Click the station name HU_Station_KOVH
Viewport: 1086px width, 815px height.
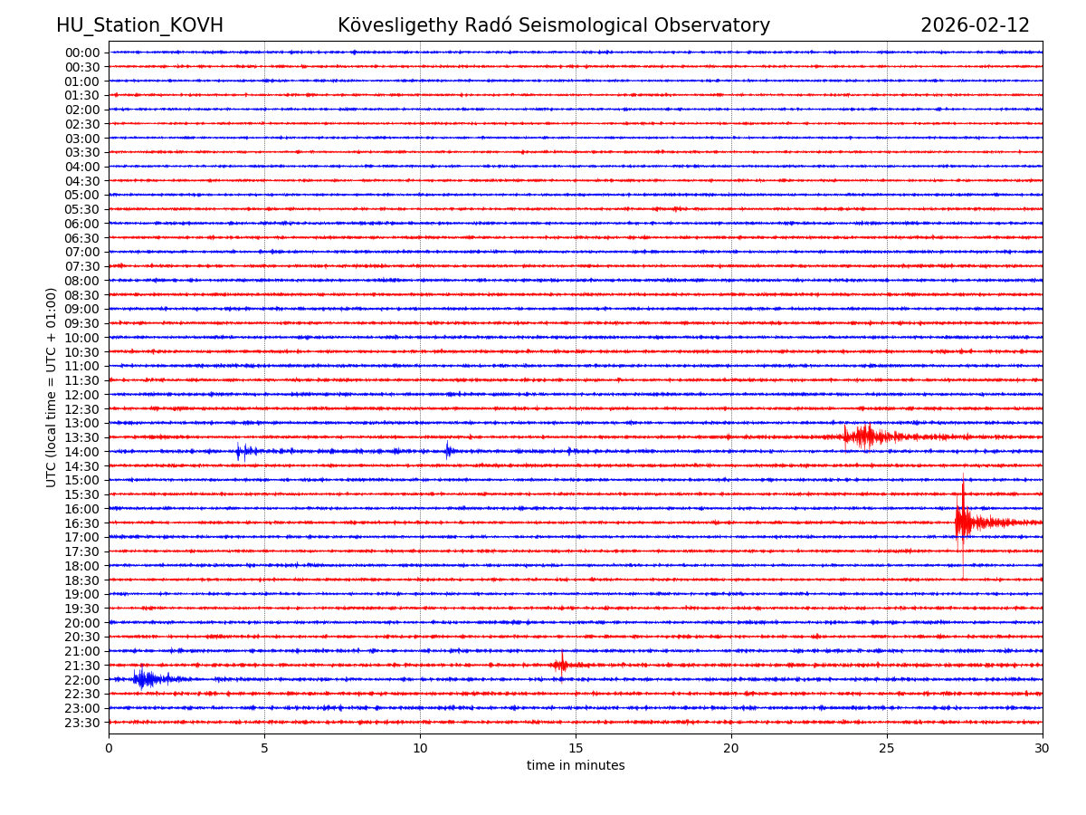click(139, 25)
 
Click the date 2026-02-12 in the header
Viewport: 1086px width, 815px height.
click(975, 25)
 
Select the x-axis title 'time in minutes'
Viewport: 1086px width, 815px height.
click(576, 765)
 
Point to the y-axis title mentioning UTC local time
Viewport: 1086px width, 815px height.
click(52, 387)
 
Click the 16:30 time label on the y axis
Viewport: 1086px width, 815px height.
click(82, 523)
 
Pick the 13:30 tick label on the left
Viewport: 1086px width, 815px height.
click(82, 437)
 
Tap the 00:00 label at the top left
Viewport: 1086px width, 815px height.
click(82, 53)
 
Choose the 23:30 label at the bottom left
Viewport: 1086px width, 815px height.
click(82, 722)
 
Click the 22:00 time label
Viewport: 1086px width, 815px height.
click(82, 679)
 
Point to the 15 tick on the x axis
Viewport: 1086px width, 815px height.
click(576, 748)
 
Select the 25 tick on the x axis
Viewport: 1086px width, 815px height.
click(887, 748)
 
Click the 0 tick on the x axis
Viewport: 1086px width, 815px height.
click(109, 748)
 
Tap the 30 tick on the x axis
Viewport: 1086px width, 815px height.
click(1043, 748)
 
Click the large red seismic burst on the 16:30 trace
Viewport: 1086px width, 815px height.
click(964, 522)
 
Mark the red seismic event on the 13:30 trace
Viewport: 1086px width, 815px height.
click(864, 437)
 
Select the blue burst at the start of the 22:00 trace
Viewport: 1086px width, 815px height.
click(145, 678)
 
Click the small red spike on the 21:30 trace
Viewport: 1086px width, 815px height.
click(561, 665)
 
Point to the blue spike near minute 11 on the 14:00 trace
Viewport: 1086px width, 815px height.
click(447, 450)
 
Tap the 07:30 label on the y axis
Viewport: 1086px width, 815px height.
click(82, 266)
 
